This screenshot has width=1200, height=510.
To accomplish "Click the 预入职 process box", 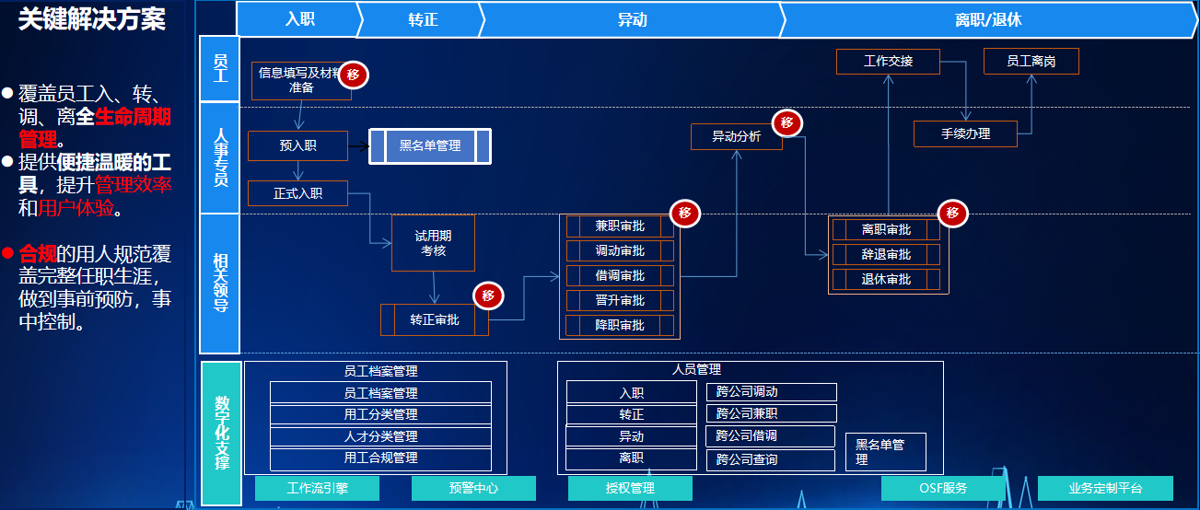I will point(297,145).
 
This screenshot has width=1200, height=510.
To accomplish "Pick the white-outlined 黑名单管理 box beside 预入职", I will point(430,145).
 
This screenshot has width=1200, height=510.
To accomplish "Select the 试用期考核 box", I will point(433,243).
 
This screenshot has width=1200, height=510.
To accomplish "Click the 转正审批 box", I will point(434,320).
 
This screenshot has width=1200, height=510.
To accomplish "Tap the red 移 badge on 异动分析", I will point(786,123).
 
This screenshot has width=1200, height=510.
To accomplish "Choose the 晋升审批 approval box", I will point(620,300).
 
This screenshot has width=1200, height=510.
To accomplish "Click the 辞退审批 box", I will point(886,254).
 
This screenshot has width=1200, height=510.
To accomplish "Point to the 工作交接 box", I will point(888,62).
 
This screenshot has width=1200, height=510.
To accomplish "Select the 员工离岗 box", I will point(1031,62).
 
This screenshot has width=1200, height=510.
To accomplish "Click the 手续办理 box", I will point(965,133).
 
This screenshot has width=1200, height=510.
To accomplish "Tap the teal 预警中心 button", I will point(473,488).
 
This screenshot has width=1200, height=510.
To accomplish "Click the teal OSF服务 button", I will point(943,488).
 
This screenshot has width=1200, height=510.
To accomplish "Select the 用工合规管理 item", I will point(380,458).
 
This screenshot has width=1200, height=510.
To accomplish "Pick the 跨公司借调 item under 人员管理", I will point(771,435).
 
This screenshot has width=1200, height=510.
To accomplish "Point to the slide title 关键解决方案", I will point(92,19).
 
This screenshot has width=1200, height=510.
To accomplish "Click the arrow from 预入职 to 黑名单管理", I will point(358,145).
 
